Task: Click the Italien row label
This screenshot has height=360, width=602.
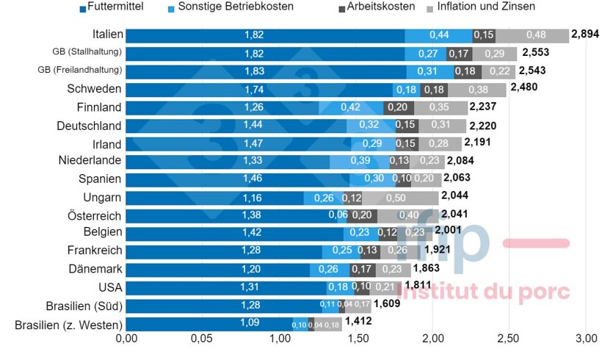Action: click(108, 35)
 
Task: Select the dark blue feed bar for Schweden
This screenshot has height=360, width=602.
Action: click(255, 89)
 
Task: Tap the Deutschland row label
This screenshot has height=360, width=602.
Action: click(90, 125)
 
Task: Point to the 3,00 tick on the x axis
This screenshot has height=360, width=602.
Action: click(585, 339)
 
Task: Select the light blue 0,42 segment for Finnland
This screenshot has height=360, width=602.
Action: click(350, 107)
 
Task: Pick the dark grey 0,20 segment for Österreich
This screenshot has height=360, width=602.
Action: click(361, 215)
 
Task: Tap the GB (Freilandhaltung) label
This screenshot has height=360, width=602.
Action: click(80, 71)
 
